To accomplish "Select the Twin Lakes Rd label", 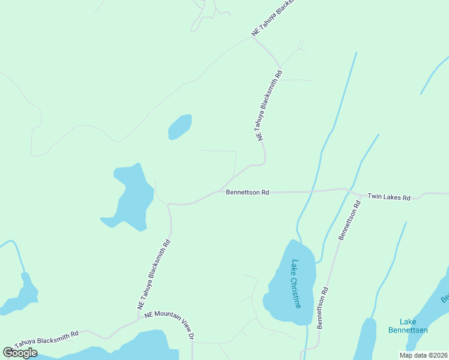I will click(x=388, y=197).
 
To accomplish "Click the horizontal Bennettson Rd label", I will click(x=247, y=193).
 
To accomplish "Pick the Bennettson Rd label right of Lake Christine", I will click(x=322, y=308).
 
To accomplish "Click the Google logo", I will click(x=20, y=353).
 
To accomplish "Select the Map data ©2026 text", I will click(x=423, y=355).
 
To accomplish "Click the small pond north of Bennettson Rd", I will click(x=179, y=127).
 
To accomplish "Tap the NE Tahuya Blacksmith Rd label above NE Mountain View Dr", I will click(x=154, y=275).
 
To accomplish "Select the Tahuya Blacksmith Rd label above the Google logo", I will click(x=47, y=338).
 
